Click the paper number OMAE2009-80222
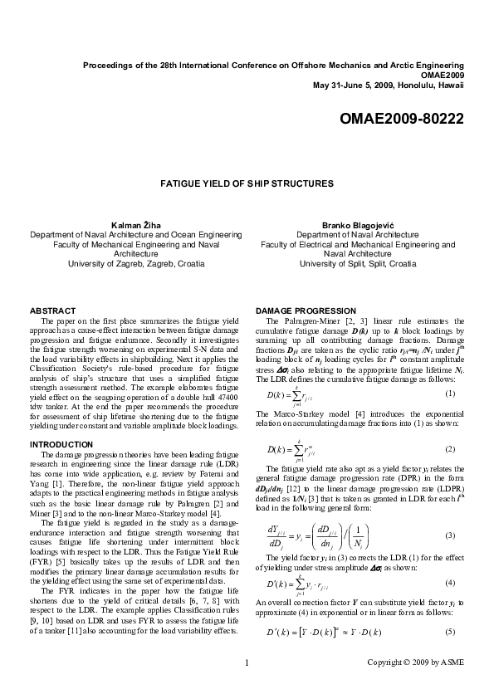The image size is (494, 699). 402,119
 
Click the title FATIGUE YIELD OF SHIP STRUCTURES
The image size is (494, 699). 247,183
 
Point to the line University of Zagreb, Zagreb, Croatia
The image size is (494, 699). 136,263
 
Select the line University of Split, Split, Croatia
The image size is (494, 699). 357,263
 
